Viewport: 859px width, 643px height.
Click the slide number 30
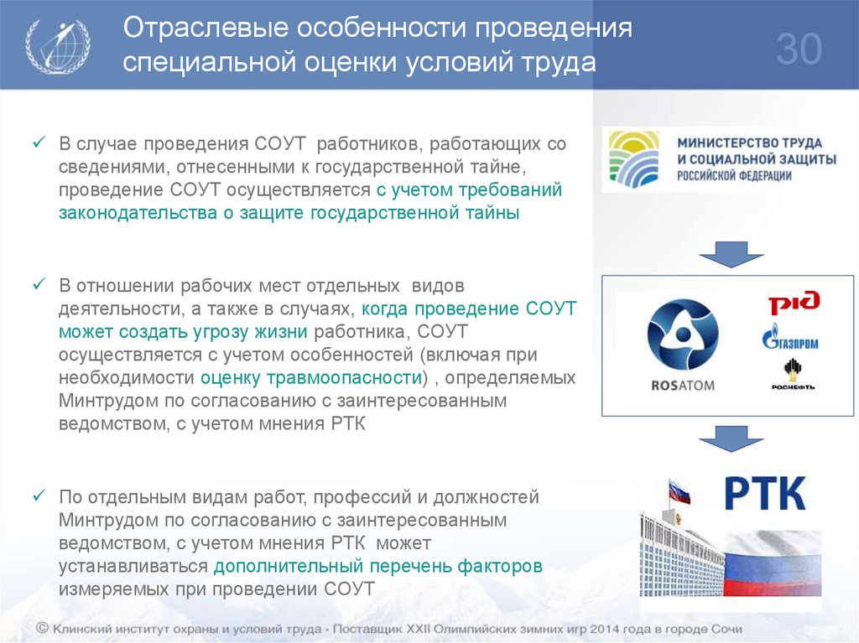pos(799,49)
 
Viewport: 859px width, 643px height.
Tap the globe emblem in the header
pos(58,45)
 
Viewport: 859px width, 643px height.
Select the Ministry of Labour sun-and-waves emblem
pos(634,158)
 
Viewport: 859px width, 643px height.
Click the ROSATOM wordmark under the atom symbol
pos(683,386)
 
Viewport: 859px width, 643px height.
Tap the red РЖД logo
pos(794,303)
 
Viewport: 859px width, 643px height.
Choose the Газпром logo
pos(790,337)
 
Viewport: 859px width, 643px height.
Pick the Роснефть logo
pos(793,374)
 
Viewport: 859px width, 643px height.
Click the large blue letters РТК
pos(765,494)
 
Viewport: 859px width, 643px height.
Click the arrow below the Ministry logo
pos(731,254)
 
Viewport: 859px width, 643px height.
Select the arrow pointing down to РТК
pos(731,438)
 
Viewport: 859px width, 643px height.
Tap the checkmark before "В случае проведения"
pos(39,143)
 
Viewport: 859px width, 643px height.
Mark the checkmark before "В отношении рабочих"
pos(39,284)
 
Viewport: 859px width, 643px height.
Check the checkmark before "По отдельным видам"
pos(39,495)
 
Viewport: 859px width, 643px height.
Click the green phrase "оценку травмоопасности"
pos(310,378)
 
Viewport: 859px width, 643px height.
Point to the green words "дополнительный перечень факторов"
pos(378,566)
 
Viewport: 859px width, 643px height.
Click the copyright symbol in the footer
pos(42,628)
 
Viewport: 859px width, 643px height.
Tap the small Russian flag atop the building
pos(679,490)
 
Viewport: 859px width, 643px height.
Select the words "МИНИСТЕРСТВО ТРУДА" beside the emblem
pos(749,143)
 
